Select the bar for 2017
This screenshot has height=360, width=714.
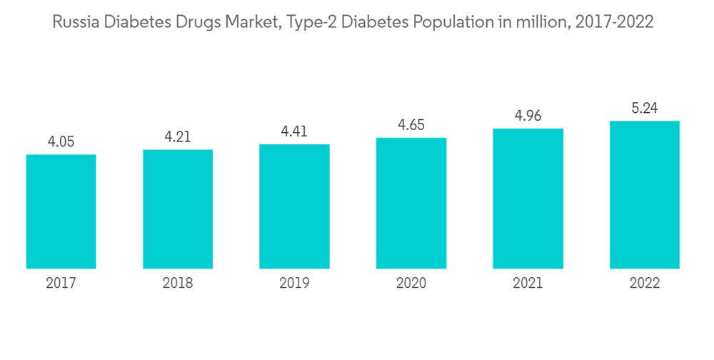pos(61,211)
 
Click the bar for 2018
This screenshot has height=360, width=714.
pos(178,209)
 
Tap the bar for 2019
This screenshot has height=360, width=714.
pos(294,206)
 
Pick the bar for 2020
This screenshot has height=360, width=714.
pos(411,203)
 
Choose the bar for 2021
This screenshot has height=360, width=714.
pos(528,199)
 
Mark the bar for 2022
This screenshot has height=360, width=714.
pos(644,195)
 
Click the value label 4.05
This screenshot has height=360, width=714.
pos(61,142)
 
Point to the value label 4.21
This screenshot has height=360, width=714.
pos(178,136)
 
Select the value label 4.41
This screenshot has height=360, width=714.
pos(294,131)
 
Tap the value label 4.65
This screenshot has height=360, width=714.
pos(411,125)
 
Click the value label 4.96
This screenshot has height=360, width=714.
pos(528,116)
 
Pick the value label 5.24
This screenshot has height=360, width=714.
pos(644,109)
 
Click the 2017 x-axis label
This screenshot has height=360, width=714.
pos(61,284)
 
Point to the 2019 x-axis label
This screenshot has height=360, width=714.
pos(294,284)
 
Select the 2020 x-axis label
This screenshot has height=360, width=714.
pos(411,284)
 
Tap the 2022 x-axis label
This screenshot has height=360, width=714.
pos(644,284)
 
